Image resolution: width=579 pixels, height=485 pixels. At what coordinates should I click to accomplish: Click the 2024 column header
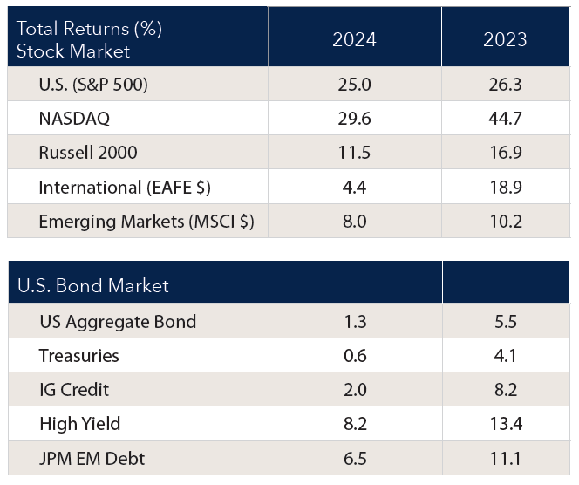(x=355, y=40)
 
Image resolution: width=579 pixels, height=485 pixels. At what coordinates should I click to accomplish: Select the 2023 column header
(x=506, y=40)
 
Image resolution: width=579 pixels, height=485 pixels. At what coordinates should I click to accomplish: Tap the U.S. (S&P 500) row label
(x=92, y=85)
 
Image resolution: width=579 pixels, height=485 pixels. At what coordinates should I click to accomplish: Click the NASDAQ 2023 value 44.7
(x=506, y=119)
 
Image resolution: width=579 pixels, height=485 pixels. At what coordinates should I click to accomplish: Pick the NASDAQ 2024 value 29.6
(x=355, y=119)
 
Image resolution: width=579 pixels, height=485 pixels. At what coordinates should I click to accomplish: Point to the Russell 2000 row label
(x=88, y=153)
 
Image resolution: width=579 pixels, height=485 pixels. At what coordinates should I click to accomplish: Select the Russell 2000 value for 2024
(x=355, y=153)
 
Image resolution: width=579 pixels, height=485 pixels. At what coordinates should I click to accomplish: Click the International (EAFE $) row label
(x=125, y=187)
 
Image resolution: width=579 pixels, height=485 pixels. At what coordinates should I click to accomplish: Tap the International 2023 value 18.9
(x=506, y=187)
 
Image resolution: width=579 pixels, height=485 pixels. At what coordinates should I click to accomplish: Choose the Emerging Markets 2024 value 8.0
(x=355, y=221)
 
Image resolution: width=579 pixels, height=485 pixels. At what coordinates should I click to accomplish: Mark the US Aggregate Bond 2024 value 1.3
(x=355, y=322)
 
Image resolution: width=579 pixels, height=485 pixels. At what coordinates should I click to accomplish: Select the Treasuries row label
(x=79, y=356)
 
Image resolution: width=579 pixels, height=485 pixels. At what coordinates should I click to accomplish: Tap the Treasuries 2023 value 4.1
(x=506, y=356)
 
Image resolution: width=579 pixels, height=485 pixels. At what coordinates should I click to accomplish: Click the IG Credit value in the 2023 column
(x=506, y=390)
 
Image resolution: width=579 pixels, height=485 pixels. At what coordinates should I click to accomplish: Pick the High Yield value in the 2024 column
(x=355, y=424)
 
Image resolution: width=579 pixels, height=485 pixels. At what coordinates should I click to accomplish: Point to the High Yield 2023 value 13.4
(x=506, y=424)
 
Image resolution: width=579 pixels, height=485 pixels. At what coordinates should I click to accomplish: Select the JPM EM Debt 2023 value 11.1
(x=506, y=458)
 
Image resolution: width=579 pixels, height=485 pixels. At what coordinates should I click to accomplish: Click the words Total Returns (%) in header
(x=90, y=29)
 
